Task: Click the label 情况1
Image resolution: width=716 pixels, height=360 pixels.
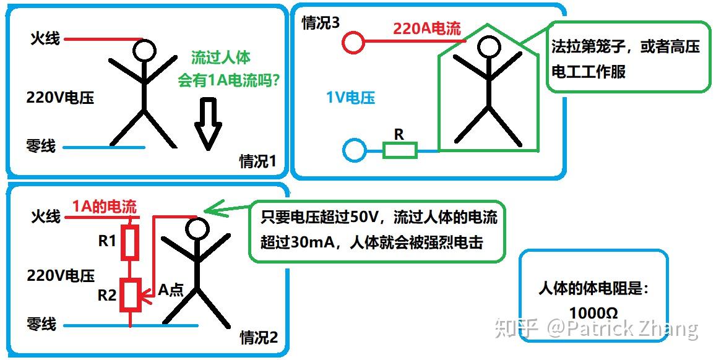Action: click(x=257, y=161)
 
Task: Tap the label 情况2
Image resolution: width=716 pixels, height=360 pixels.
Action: click(x=259, y=338)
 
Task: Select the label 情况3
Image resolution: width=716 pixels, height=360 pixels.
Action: click(x=320, y=24)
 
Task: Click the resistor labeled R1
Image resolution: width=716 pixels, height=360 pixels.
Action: click(x=130, y=242)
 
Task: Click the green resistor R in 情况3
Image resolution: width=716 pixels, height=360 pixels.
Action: click(x=400, y=150)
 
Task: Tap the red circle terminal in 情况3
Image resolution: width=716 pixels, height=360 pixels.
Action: click(x=353, y=41)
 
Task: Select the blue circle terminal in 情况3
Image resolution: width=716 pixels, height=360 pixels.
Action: click(x=355, y=150)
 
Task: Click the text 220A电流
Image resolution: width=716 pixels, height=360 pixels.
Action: click(x=427, y=28)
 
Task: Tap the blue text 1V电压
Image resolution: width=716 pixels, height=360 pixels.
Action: click(x=350, y=97)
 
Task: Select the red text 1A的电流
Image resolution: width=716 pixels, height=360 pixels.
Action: click(x=105, y=207)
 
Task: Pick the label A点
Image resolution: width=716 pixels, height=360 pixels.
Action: click(x=171, y=289)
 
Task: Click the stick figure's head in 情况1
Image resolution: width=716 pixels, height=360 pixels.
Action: click(x=144, y=50)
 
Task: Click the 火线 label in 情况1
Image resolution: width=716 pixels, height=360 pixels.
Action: click(x=45, y=38)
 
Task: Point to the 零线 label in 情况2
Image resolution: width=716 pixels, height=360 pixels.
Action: click(x=41, y=324)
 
